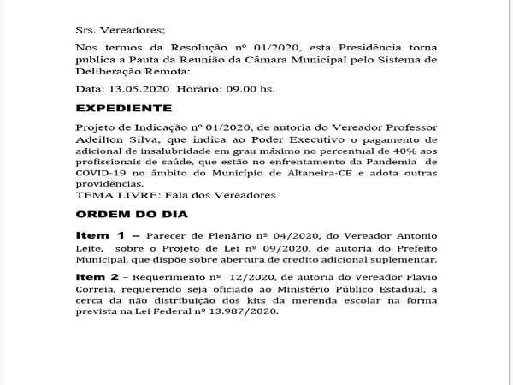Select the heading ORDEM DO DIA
coord(120,213)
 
